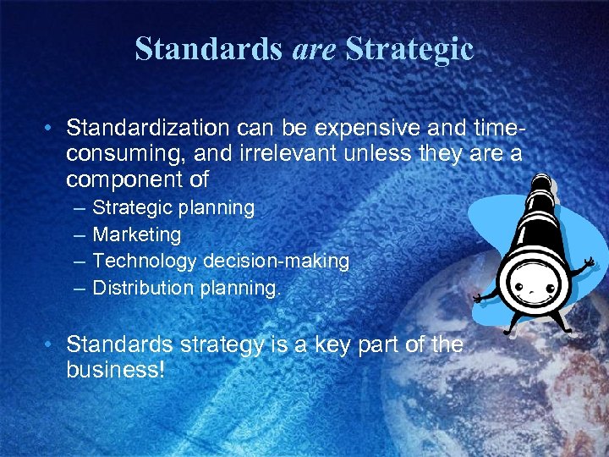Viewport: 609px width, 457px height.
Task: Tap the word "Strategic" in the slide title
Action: pos(409,49)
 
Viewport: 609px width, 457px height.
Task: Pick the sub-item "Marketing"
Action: pos(137,234)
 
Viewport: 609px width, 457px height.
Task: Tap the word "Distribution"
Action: pos(143,289)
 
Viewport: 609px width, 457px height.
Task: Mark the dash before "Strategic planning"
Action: pos(79,208)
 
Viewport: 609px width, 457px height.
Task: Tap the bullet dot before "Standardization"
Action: pos(52,129)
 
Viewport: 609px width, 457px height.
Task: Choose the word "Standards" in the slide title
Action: pos(208,49)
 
